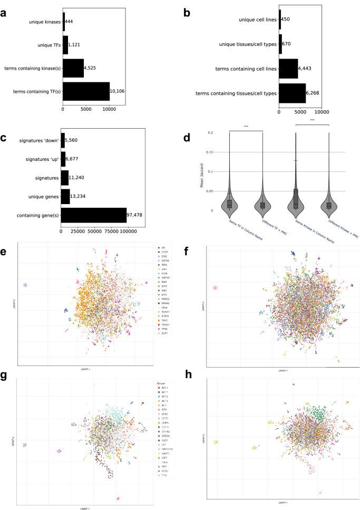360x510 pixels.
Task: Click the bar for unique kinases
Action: [x=64, y=22]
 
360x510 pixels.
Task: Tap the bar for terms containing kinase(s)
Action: [x=73, y=69]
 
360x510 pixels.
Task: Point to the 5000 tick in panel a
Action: [x=86, y=109]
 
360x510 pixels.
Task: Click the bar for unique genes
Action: [x=65, y=196]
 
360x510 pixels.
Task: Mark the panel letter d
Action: [x=196, y=139]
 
